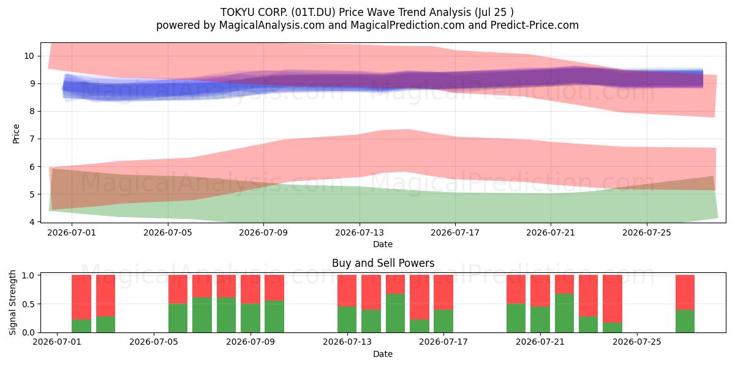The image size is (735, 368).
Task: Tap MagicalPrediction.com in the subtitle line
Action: coord(407,25)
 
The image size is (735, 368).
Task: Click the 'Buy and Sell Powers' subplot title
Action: coord(383,263)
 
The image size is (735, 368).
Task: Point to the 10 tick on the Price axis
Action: coord(29,56)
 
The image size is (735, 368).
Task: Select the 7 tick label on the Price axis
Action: coord(32,139)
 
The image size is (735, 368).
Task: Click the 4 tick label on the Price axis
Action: coord(32,222)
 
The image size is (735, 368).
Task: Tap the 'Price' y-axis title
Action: coord(16,134)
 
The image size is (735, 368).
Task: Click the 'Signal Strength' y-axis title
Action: coord(12,302)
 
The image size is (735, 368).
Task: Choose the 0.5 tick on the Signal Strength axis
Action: coord(28,304)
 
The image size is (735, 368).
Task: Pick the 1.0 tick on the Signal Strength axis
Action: coord(28,275)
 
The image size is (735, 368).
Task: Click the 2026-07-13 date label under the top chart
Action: coord(360,232)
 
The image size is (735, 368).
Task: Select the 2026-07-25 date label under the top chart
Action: coord(647,232)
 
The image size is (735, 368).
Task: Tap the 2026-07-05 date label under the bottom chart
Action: coord(154,342)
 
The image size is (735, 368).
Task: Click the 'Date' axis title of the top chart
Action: coord(383,244)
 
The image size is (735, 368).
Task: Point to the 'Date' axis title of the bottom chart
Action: coord(383,354)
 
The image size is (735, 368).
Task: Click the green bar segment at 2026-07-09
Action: coord(274,316)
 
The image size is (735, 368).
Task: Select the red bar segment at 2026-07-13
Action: coord(347,291)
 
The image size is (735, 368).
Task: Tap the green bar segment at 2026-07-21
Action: coord(540,320)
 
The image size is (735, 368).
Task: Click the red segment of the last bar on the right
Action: coord(685,293)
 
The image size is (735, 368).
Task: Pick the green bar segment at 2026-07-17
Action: coord(443,321)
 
